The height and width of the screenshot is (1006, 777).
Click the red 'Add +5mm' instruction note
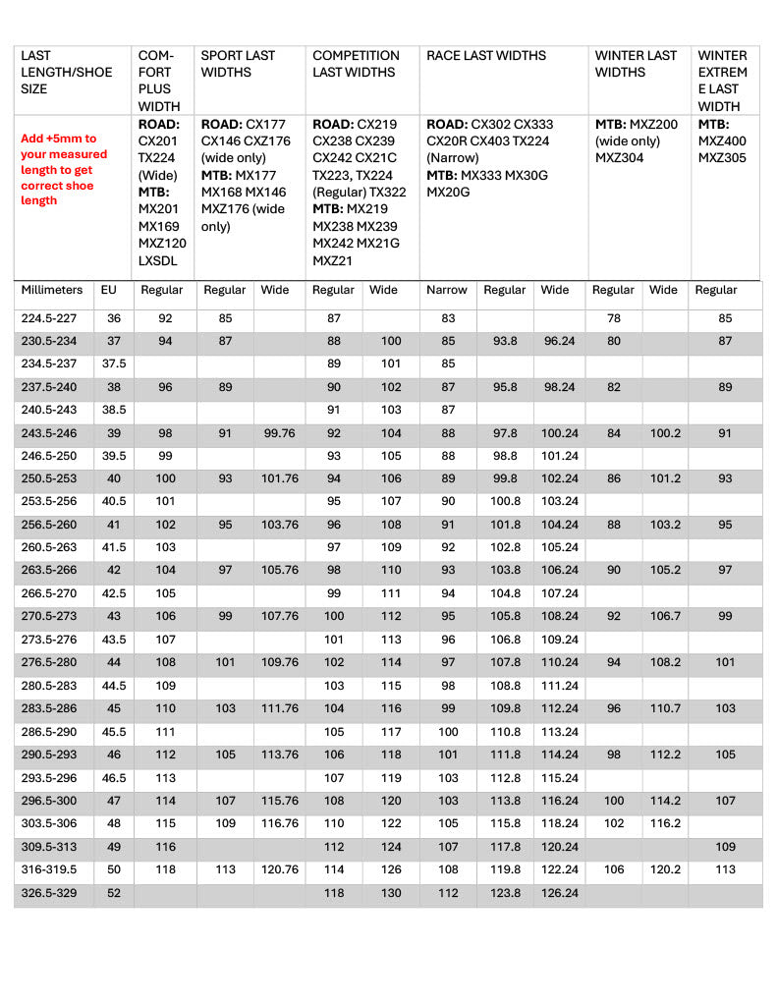(64, 170)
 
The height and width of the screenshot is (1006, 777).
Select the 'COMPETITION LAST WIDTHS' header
(356, 64)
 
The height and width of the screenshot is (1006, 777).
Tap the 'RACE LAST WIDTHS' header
(486, 56)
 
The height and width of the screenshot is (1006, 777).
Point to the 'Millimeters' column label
(52, 291)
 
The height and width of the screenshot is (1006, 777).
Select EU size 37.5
(113, 363)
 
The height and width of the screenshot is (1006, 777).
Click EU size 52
(113, 893)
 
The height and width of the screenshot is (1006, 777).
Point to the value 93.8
(504, 341)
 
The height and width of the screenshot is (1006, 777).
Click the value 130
(383, 893)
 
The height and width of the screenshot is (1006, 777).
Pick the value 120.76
(280, 870)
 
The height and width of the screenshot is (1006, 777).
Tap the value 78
(614, 318)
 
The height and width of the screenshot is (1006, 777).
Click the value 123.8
(504, 893)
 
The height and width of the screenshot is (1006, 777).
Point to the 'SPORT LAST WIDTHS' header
(238, 64)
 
